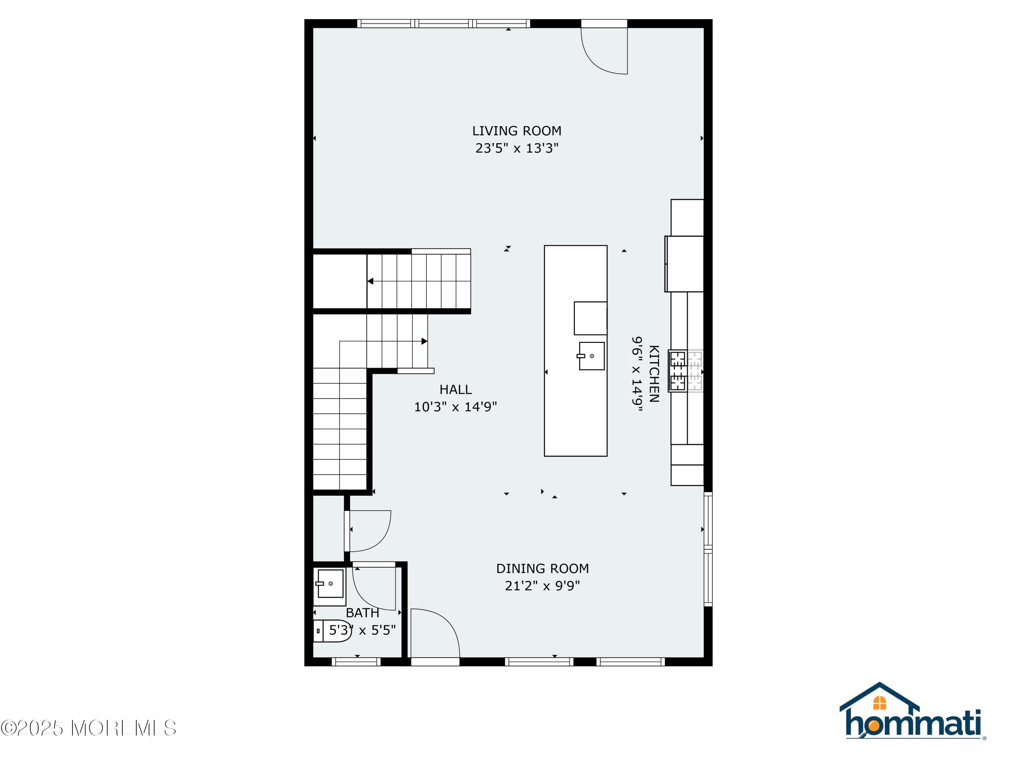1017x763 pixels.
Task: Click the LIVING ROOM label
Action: click(x=517, y=131)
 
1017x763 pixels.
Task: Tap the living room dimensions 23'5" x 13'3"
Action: click(x=517, y=149)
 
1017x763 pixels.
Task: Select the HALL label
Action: click(x=455, y=390)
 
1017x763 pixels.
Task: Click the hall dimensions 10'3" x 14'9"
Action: click(x=455, y=407)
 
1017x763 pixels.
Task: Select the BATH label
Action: click(x=362, y=613)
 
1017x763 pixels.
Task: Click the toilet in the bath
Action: click(x=333, y=630)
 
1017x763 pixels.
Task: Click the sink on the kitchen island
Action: click(x=591, y=356)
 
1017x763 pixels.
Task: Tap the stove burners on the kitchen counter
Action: click(x=678, y=371)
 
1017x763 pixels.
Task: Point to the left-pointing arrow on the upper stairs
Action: click(x=370, y=281)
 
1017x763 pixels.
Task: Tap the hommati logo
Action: click(x=912, y=712)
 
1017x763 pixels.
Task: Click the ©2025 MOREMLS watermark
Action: click(x=88, y=728)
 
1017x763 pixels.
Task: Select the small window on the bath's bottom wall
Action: click(x=356, y=662)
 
